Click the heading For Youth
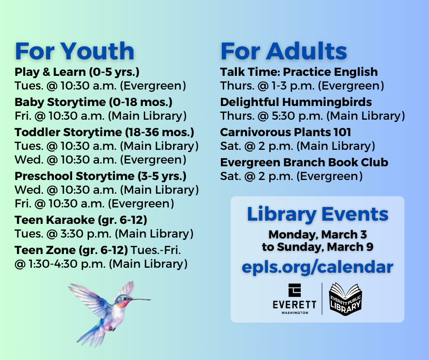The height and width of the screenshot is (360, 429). [74, 51]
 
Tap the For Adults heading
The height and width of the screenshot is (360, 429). [284, 51]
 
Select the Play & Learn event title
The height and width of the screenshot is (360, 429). [77, 72]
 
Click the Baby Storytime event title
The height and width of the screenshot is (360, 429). [94, 102]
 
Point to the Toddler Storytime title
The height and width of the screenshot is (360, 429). [104, 132]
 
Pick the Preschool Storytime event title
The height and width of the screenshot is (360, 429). [100, 176]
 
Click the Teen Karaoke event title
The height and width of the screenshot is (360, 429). [81, 220]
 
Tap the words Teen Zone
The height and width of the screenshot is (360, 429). [45, 250]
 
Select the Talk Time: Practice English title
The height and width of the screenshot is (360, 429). [299, 72]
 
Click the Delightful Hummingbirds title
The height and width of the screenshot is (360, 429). [296, 102]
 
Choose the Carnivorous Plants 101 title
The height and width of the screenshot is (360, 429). [286, 132]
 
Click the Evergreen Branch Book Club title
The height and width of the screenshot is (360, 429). [304, 163]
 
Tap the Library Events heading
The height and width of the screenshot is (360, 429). [318, 214]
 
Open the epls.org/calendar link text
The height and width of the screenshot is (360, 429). [318, 267]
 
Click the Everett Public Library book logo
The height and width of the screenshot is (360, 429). [345, 299]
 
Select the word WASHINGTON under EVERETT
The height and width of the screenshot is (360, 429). [295, 312]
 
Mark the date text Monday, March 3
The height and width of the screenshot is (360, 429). [318, 234]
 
